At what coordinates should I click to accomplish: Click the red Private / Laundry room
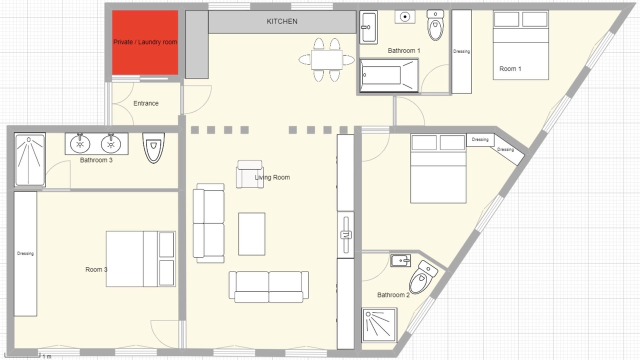pyautogui.click(x=145, y=42)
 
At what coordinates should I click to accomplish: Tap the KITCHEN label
pyautogui.click(x=282, y=21)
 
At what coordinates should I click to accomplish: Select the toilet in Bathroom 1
pyautogui.click(x=435, y=25)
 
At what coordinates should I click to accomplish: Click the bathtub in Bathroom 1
pyautogui.click(x=389, y=75)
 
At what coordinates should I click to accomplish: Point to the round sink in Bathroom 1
pyautogui.click(x=405, y=17)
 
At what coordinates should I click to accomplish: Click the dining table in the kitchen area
pyautogui.click(x=327, y=59)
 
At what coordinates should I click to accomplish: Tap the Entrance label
pyautogui.click(x=146, y=103)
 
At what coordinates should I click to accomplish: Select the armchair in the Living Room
pyautogui.click(x=249, y=174)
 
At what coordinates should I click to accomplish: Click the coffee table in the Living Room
pyautogui.click(x=251, y=233)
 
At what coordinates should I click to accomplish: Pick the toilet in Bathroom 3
pyautogui.click(x=153, y=147)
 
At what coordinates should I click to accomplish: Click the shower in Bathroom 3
pyautogui.click(x=29, y=159)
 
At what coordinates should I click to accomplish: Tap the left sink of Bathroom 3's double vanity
pyautogui.click(x=80, y=143)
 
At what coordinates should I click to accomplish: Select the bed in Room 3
pyautogui.click(x=141, y=259)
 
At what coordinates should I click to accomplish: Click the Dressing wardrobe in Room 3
pyautogui.click(x=25, y=253)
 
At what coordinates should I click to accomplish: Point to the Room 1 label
pyautogui.click(x=510, y=69)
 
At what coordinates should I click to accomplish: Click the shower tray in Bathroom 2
pyautogui.click(x=379, y=325)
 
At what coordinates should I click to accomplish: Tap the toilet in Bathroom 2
pyautogui.click(x=423, y=277)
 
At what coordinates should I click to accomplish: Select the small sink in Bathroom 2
pyautogui.click(x=400, y=260)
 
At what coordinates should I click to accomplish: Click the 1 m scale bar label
pyautogui.click(x=47, y=356)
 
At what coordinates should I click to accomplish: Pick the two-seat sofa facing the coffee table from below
pyautogui.click(x=268, y=287)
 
